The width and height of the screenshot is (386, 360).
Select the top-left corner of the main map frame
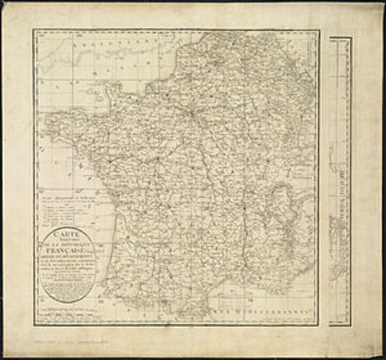point(34,31)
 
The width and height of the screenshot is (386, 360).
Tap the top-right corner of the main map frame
point(318,31)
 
